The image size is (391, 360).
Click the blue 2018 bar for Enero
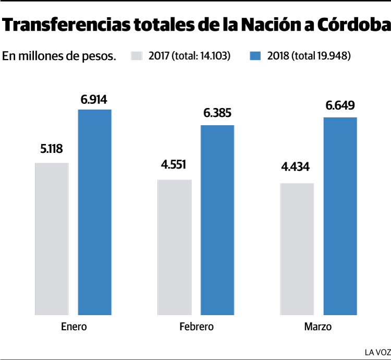[x=94, y=212]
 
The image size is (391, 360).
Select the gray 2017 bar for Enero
[x=52, y=239]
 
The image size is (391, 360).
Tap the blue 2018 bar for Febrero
[x=217, y=220]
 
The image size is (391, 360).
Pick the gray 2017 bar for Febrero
[x=174, y=247]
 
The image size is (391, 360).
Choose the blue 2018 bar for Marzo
[x=340, y=216]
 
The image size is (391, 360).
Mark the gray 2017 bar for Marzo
[x=297, y=249]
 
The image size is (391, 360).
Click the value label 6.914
[x=94, y=99]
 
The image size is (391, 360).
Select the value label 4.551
[x=174, y=165]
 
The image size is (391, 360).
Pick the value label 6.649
[x=340, y=106]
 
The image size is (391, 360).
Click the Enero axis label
[x=74, y=327]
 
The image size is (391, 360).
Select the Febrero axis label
[x=196, y=327]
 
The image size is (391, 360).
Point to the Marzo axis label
[x=318, y=327]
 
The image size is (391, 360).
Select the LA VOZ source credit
[x=377, y=352]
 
